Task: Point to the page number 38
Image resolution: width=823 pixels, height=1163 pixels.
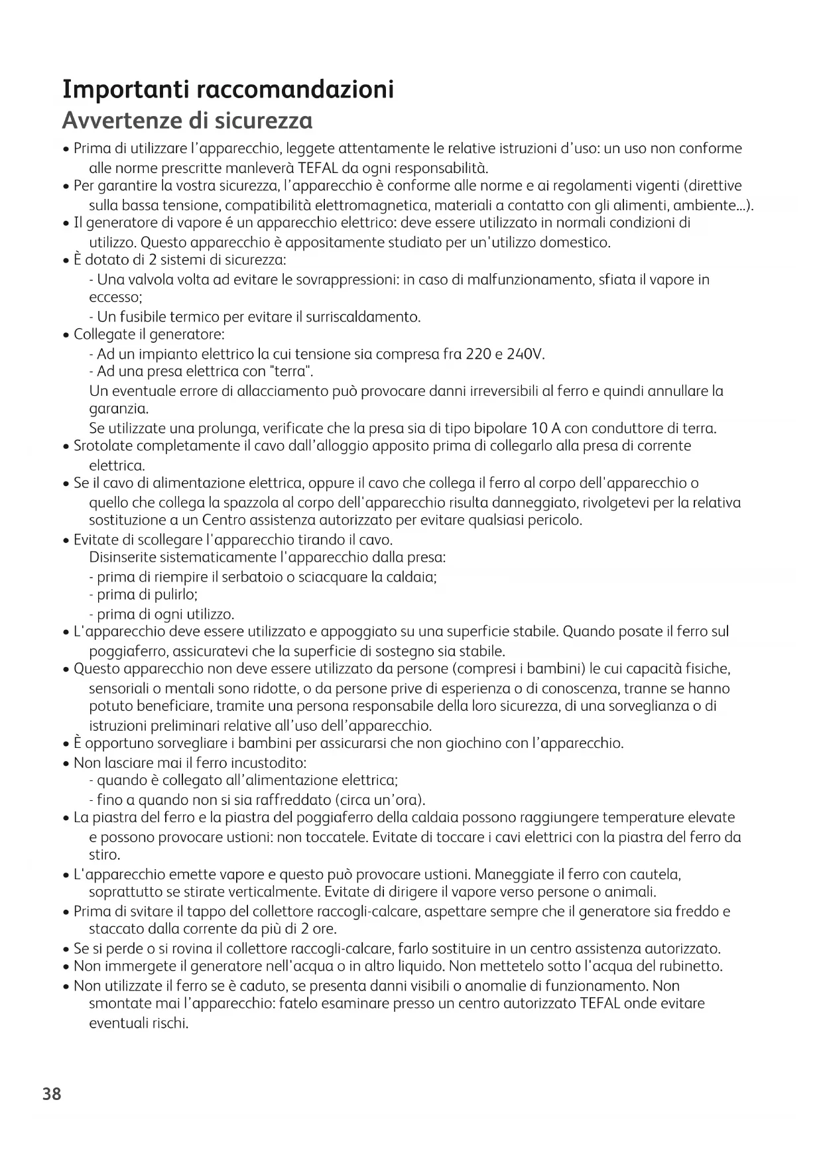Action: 52,1093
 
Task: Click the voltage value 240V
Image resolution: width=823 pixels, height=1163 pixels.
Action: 525,354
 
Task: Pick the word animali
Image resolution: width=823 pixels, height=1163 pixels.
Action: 628,891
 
